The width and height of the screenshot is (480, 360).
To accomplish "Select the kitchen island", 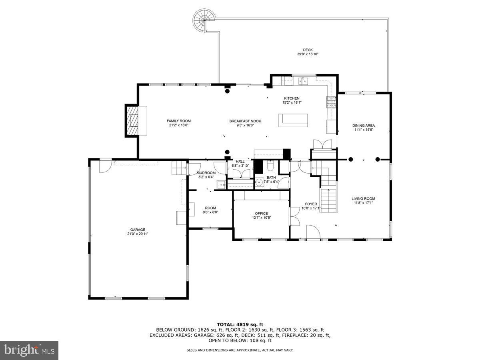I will [x=293, y=120].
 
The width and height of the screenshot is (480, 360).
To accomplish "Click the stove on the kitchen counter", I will [x=331, y=102].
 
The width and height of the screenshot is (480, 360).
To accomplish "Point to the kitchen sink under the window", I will [x=303, y=81].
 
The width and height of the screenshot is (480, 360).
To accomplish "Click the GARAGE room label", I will [x=138, y=230].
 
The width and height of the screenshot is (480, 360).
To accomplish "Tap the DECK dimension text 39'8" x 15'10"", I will [x=308, y=54].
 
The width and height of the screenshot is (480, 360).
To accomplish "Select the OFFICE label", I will [x=261, y=213].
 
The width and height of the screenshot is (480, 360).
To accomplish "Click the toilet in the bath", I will [x=270, y=166].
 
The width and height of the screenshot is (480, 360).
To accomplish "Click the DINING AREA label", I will [x=364, y=125].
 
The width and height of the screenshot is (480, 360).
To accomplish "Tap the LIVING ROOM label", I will [x=363, y=198].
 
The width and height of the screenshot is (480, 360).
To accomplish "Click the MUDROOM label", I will [x=206, y=173].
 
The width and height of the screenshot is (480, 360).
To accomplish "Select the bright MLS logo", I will [x=29, y=350].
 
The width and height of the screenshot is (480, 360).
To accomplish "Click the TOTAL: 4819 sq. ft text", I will [x=240, y=324].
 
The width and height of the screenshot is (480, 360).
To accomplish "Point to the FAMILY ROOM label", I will [x=178, y=121].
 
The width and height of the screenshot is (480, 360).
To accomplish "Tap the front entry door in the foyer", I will [x=313, y=233].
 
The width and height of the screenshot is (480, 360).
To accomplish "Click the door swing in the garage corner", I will [x=105, y=165].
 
